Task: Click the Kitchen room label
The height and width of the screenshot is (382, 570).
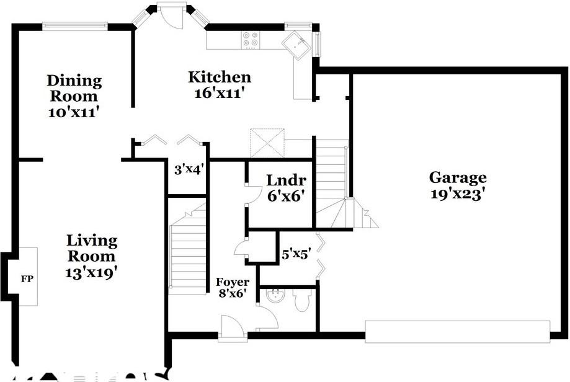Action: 220,78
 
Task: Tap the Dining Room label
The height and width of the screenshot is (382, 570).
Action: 74,88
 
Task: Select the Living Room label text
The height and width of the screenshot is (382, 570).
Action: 92,248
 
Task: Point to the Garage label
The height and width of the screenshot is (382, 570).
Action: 458,178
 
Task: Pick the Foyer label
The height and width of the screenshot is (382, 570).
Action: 233,282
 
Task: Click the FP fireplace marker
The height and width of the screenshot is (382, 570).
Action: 27,278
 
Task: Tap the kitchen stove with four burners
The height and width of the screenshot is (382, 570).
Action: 251,39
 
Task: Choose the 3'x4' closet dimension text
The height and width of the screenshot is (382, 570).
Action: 189,167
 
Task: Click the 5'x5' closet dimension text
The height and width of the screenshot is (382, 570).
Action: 295,254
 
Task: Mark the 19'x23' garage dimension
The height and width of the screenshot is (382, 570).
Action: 458,193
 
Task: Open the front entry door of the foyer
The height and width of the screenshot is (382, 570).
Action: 233,327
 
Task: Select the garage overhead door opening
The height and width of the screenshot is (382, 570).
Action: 457,331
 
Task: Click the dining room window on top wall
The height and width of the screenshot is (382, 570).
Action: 74,25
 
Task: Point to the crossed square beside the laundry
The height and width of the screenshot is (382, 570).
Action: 267,143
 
